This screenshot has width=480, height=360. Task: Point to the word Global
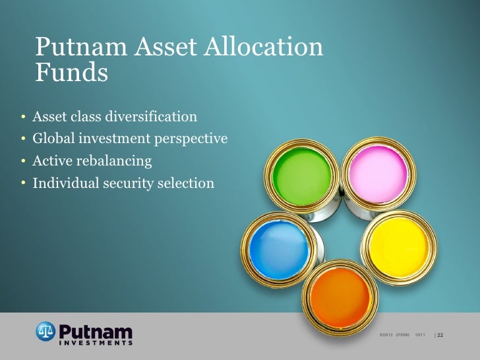(55, 139)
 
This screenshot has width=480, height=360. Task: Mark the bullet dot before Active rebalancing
(22, 162)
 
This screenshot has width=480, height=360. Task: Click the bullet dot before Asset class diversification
(22, 118)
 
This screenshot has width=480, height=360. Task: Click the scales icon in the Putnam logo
(45, 330)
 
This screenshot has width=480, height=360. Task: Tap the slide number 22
(441, 336)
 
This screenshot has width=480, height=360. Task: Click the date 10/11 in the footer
(420, 336)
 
